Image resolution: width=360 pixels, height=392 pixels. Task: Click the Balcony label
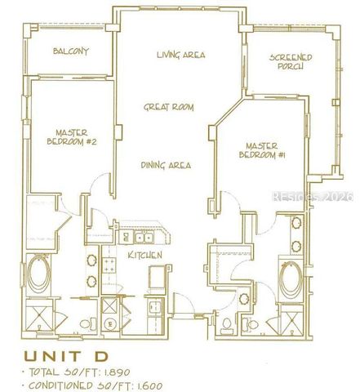coord(71,52)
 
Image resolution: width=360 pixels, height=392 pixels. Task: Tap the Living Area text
coord(180,56)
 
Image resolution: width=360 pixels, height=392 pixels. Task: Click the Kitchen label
coord(144,256)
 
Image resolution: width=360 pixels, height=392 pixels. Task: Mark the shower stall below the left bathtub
coord(38,318)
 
